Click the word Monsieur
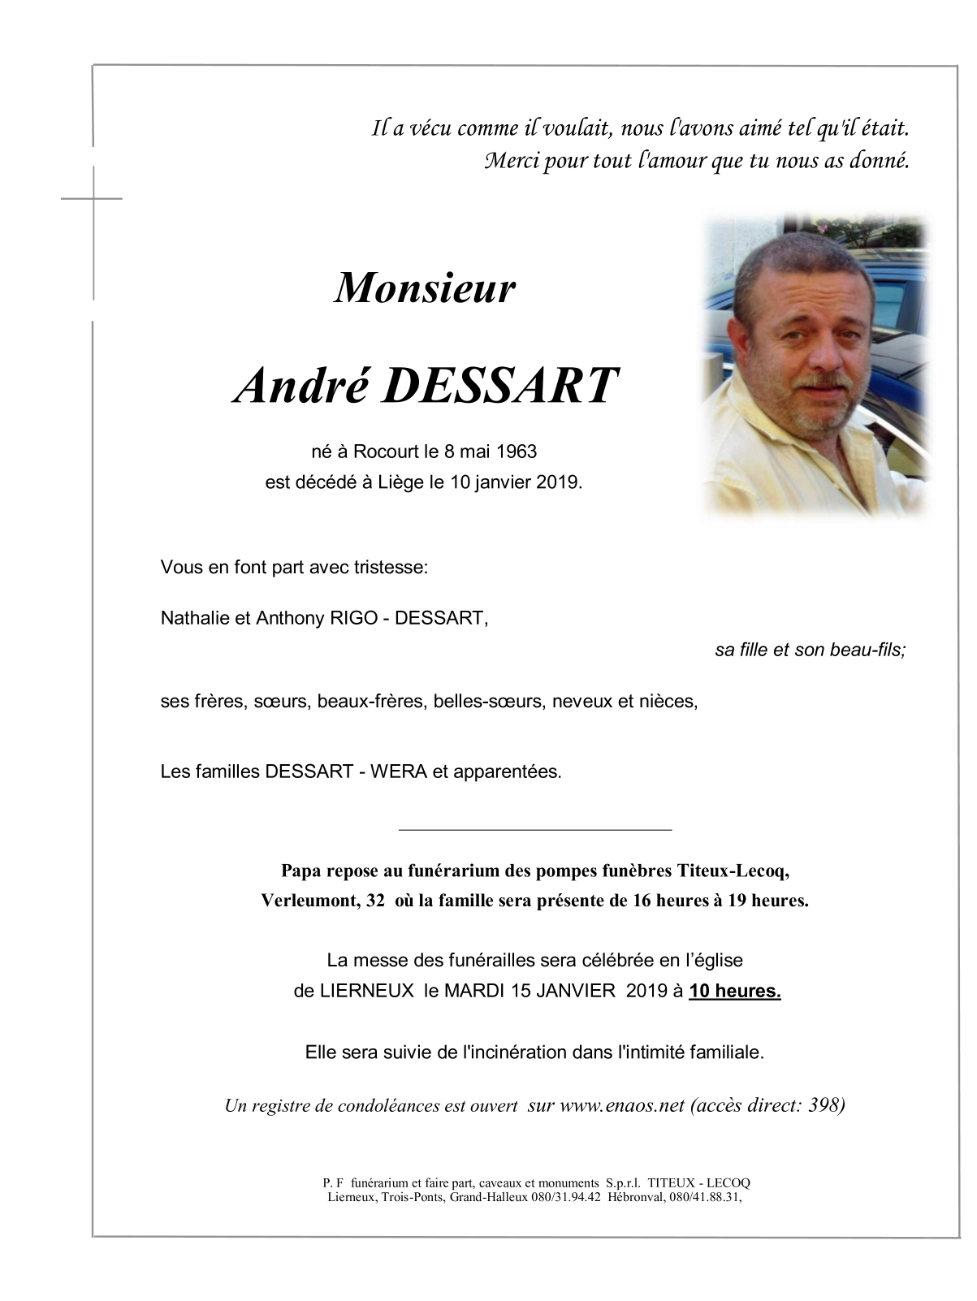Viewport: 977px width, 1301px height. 425,288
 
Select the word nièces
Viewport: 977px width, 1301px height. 670,701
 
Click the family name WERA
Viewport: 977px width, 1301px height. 399,772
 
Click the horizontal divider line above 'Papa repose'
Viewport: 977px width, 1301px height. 535,830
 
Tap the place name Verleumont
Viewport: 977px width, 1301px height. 306,901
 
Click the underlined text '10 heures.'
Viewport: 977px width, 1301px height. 735,992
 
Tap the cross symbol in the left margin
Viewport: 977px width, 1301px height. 93,197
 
